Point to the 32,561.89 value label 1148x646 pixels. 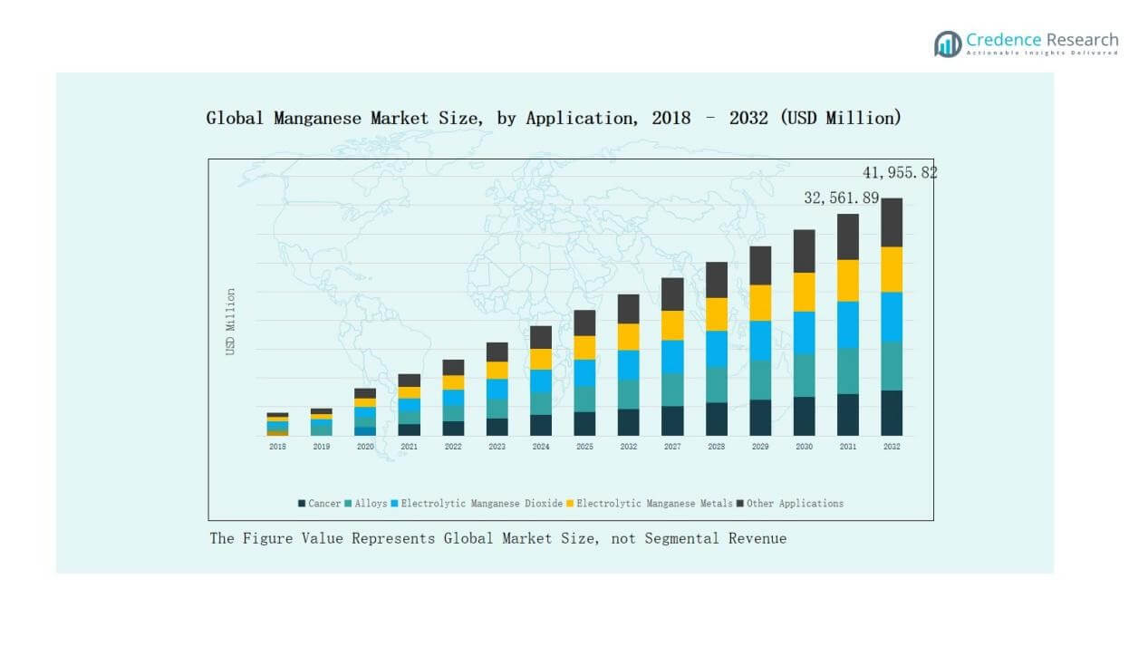point(842,198)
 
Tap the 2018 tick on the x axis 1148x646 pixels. point(277,447)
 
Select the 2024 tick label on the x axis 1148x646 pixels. point(541,447)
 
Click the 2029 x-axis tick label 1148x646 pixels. point(760,447)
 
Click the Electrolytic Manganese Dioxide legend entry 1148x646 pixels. point(476,504)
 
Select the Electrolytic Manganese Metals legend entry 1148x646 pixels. point(651,504)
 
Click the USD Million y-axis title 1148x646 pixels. point(231,322)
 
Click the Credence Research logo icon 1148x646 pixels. point(948,43)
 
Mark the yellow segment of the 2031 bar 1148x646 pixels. point(848,280)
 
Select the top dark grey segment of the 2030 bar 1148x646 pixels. point(805,251)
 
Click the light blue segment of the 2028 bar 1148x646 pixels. point(717,349)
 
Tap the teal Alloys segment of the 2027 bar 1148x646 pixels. point(672,390)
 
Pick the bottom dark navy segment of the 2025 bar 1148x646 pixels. point(584,424)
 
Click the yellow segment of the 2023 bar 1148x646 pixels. point(497,370)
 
